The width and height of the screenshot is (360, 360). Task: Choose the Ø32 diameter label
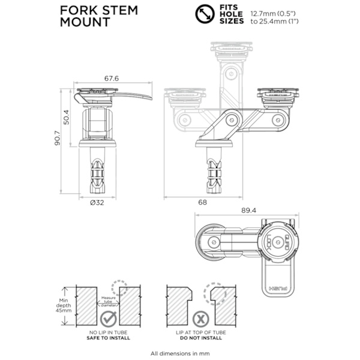coord(97,203)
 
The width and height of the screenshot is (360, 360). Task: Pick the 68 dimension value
coord(203,203)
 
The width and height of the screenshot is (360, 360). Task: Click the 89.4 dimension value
coord(247,210)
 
